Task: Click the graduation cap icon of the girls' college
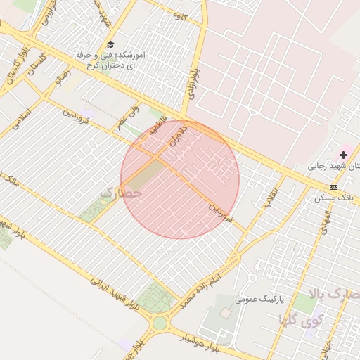[x=110, y=44]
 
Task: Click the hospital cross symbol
[x=343, y=154]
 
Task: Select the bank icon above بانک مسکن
[x=333, y=187]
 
